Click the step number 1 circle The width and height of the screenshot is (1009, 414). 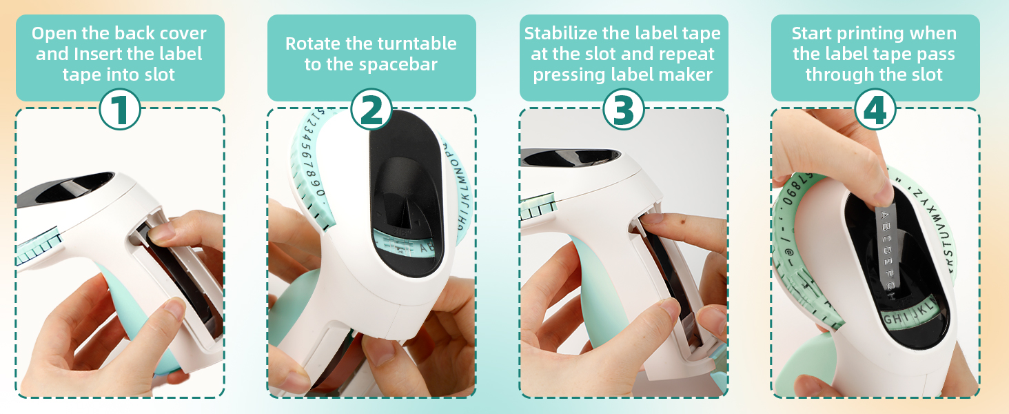tap(120, 111)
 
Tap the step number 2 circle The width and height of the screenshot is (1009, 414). tap(371, 111)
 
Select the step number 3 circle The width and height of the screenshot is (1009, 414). tap(624, 111)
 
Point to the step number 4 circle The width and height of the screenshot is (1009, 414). tap(875, 111)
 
